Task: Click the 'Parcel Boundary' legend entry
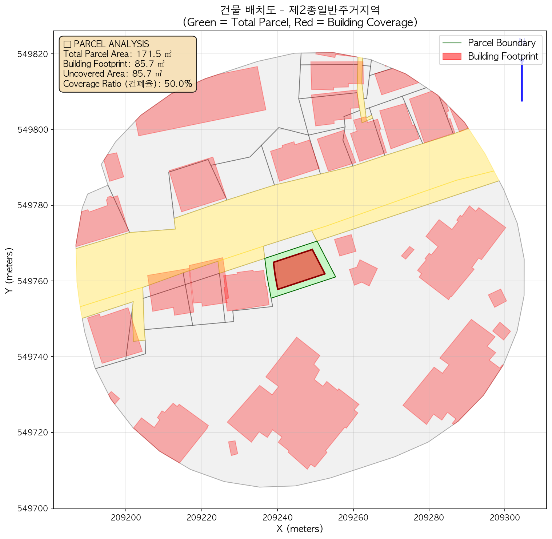tap(501, 43)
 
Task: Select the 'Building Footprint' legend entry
tap(503, 56)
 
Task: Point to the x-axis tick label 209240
tap(277, 516)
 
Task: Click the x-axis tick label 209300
tap(504, 516)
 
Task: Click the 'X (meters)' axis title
tap(300, 529)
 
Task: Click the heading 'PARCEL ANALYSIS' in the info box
tap(111, 44)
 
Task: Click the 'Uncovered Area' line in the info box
tap(112, 74)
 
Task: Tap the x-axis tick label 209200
tap(125, 516)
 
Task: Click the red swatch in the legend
tap(452, 56)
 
